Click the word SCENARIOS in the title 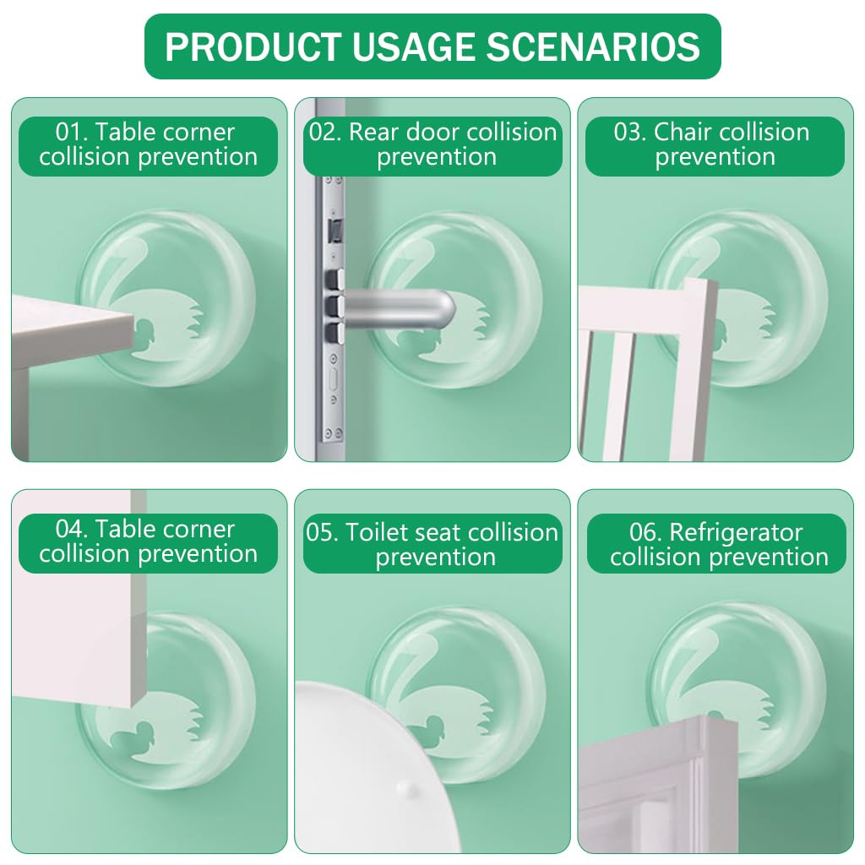pyautogui.click(x=592, y=47)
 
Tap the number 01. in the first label pyautogui.click(x=72, y=133)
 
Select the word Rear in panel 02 pyautogui.click(x=373, y=133)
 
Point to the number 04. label pyautogui.click(x=72, y=530)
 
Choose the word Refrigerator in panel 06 pyautogui.click(x=736, y=533)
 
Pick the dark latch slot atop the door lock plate pyautogui.click(x=333, y=230)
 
